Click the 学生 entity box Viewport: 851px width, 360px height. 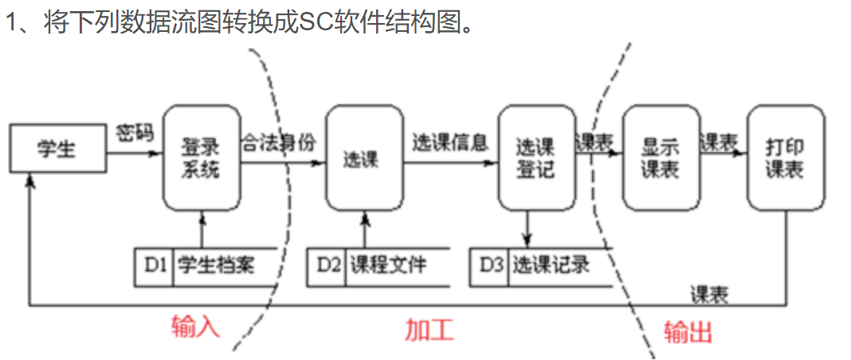click(x=57, y=148)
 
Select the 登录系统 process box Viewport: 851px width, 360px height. click(x=202, y=158)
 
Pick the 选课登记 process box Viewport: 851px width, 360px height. click(x=535, y=158)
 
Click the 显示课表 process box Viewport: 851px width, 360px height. click(x=660, y=158)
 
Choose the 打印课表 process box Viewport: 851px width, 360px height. click(x=785, y=158)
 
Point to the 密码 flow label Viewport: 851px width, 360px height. click(x=135, y=131)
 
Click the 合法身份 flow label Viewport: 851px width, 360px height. click(x=279, y=142)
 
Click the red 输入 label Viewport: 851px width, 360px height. click(x=195, y=327)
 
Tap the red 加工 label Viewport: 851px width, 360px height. click(x=429, y=329)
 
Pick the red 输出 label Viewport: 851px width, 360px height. click(x=688, y=331)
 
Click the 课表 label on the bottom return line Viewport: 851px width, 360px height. click(x=708, y=293)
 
